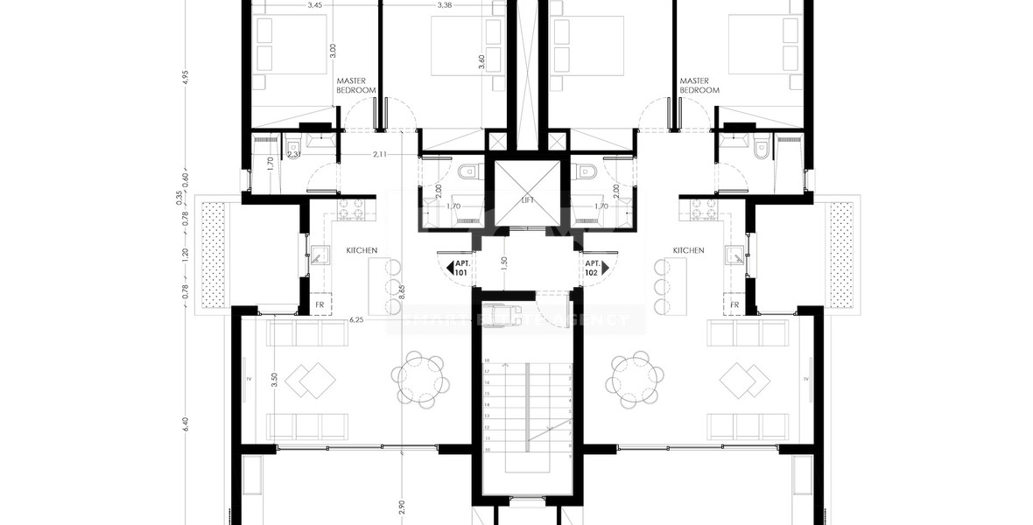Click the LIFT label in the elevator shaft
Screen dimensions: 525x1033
[x=527, y=200]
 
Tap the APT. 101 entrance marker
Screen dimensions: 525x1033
[x=460, y=268]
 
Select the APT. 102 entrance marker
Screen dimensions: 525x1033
[x=593, y=268]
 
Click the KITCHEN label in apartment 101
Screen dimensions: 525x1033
[x=362, y=251]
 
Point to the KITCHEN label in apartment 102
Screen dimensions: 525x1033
[x=688, y=251]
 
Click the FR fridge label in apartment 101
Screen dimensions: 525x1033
[x=320, y=305]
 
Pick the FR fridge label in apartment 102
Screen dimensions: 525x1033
[x=734, y=305]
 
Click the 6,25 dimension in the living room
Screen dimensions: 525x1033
[x=356, y=321]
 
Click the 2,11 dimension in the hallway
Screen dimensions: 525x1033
[x=379, y=155]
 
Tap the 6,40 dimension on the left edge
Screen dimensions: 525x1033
[x=185, y=425]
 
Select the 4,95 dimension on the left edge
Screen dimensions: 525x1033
[x=185, y=77]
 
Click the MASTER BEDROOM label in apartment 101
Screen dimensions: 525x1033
[x=356, y=85]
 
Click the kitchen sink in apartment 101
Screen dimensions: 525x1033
[x=321, y=255]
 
